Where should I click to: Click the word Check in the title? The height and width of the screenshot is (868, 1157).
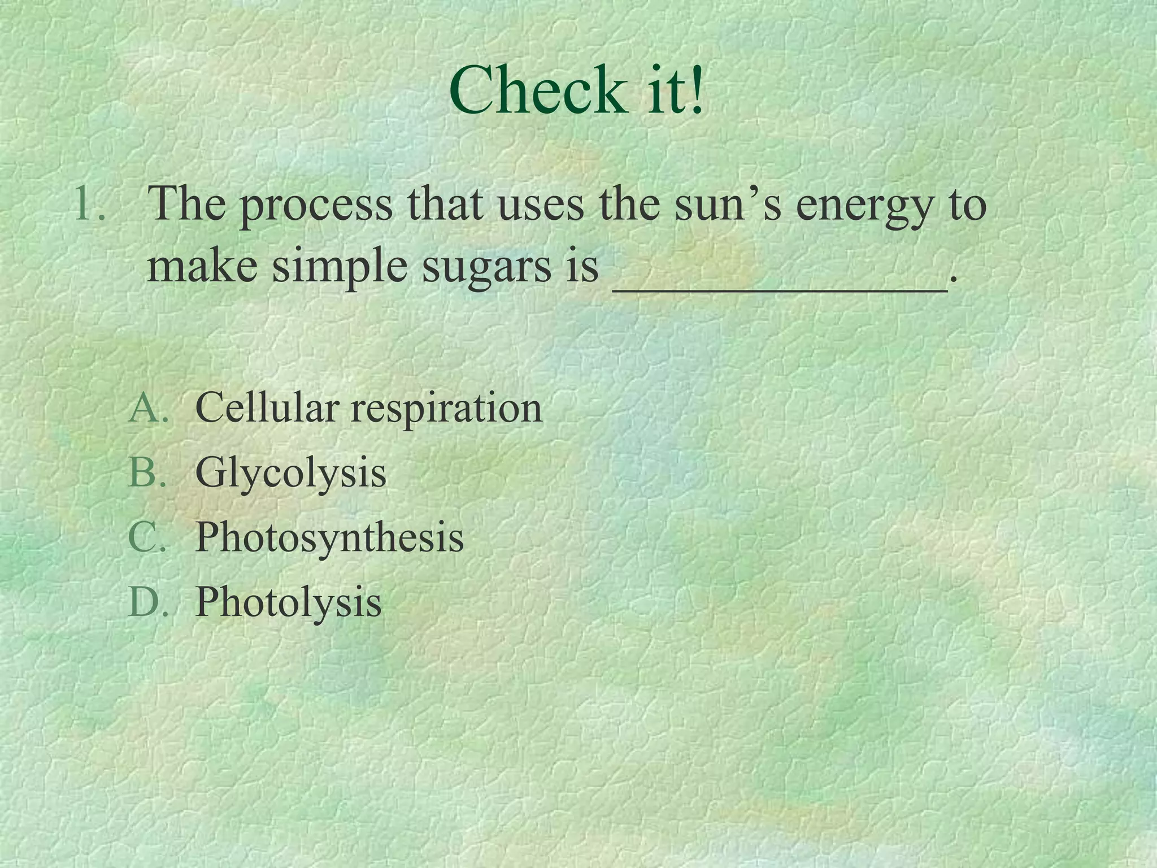coord(534,90)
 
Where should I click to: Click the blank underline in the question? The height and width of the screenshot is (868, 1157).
coord(780,288)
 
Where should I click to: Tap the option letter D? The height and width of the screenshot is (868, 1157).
coord(148,601)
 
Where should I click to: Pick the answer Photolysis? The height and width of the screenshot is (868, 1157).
coord(288,602)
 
